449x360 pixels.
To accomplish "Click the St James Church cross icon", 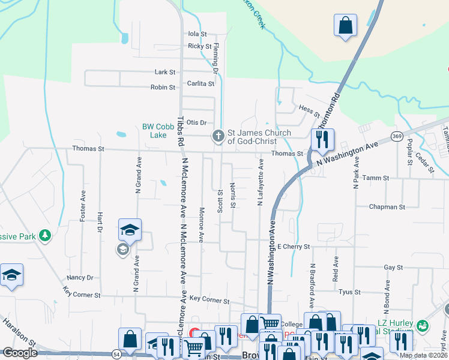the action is pyautogui.click(x=218, y=137).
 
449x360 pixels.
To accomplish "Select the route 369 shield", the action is pyautogui.click(x=396, y=137).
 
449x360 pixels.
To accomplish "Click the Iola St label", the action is pyautogui.click(x=197, y=34).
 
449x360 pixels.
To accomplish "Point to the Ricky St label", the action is pyautogui.click(x=199, y=46).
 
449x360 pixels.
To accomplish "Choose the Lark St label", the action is pyautogui.click(x=164, y=72).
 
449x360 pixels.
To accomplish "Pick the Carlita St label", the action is pyautogui.click(x=200, y=83).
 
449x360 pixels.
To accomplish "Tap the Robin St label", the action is pyautogui.click(x=162, y=87).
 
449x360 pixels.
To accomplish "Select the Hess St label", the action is pyautogui.click(x=309, y=107).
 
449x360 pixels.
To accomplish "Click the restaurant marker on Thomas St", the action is pyautogui.click(x=322, y=140).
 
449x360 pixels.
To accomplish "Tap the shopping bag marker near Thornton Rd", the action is pyautogui.click(x=345, y=26).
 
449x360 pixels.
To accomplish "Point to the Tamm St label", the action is pyautogui.click(x=377, y=178).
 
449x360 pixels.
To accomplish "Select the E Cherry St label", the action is pyautogui.click(x=293, y=247).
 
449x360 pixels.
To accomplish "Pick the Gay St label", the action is pyautogui.click(x=393, y=267).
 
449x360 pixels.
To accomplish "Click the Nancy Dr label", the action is pyautogui.click(x=80, y=278).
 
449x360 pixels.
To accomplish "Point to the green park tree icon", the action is pyautogui.click(x=44, y=236).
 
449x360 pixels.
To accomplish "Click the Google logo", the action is pyautogui.click(x=20, y=353).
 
